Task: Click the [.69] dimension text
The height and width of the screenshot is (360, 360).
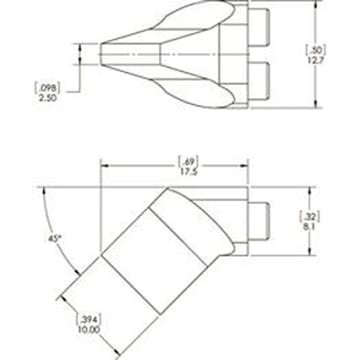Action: tap(185, 160)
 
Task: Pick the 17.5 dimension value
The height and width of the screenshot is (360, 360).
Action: tap(185, 171)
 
